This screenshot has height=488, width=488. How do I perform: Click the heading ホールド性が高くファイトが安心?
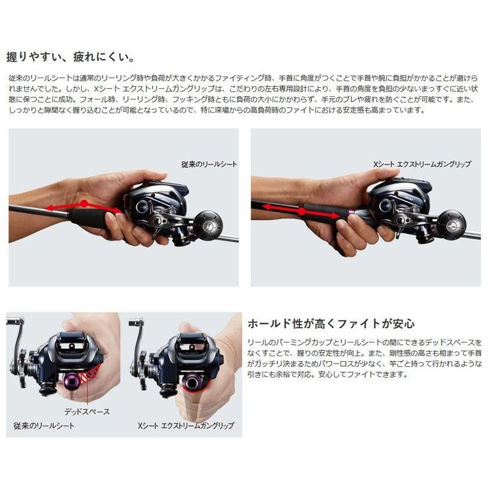[330, 323]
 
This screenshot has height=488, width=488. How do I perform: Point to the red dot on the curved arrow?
[84, 203]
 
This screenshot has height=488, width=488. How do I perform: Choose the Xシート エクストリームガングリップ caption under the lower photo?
[182, 425]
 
